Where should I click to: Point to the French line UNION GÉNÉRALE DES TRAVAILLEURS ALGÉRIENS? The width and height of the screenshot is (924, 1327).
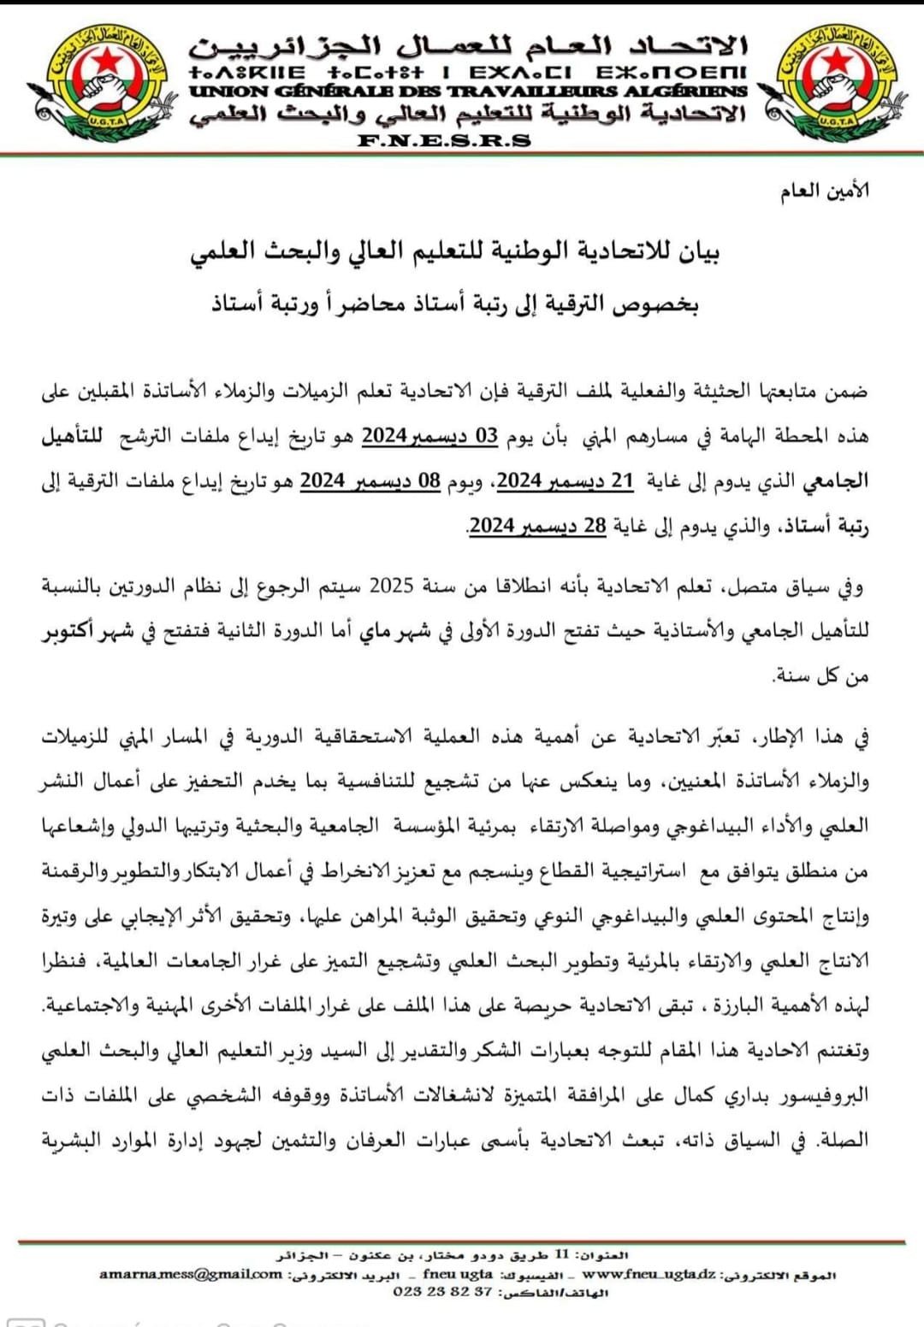(468, 91)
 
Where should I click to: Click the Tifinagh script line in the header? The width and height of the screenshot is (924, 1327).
(468, 72)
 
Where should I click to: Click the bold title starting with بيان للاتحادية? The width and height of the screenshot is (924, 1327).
(454, 251)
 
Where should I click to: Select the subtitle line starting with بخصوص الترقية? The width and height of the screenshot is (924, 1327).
(455, 304)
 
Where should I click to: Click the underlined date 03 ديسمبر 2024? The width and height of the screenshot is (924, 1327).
(429, 436)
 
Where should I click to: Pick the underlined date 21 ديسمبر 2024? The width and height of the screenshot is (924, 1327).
(565, 481)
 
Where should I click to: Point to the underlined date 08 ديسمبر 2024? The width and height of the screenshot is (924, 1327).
(370, 481)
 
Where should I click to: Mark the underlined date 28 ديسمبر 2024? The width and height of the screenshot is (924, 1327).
(537, 525)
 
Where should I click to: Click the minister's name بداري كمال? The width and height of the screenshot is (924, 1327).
(708, 1095)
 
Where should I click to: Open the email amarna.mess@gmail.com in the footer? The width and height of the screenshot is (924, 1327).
(190, 1274)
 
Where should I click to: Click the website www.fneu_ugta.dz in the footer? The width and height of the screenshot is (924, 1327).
(649, 1274)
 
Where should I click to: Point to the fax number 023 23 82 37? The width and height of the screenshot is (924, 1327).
(442, 1292)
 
